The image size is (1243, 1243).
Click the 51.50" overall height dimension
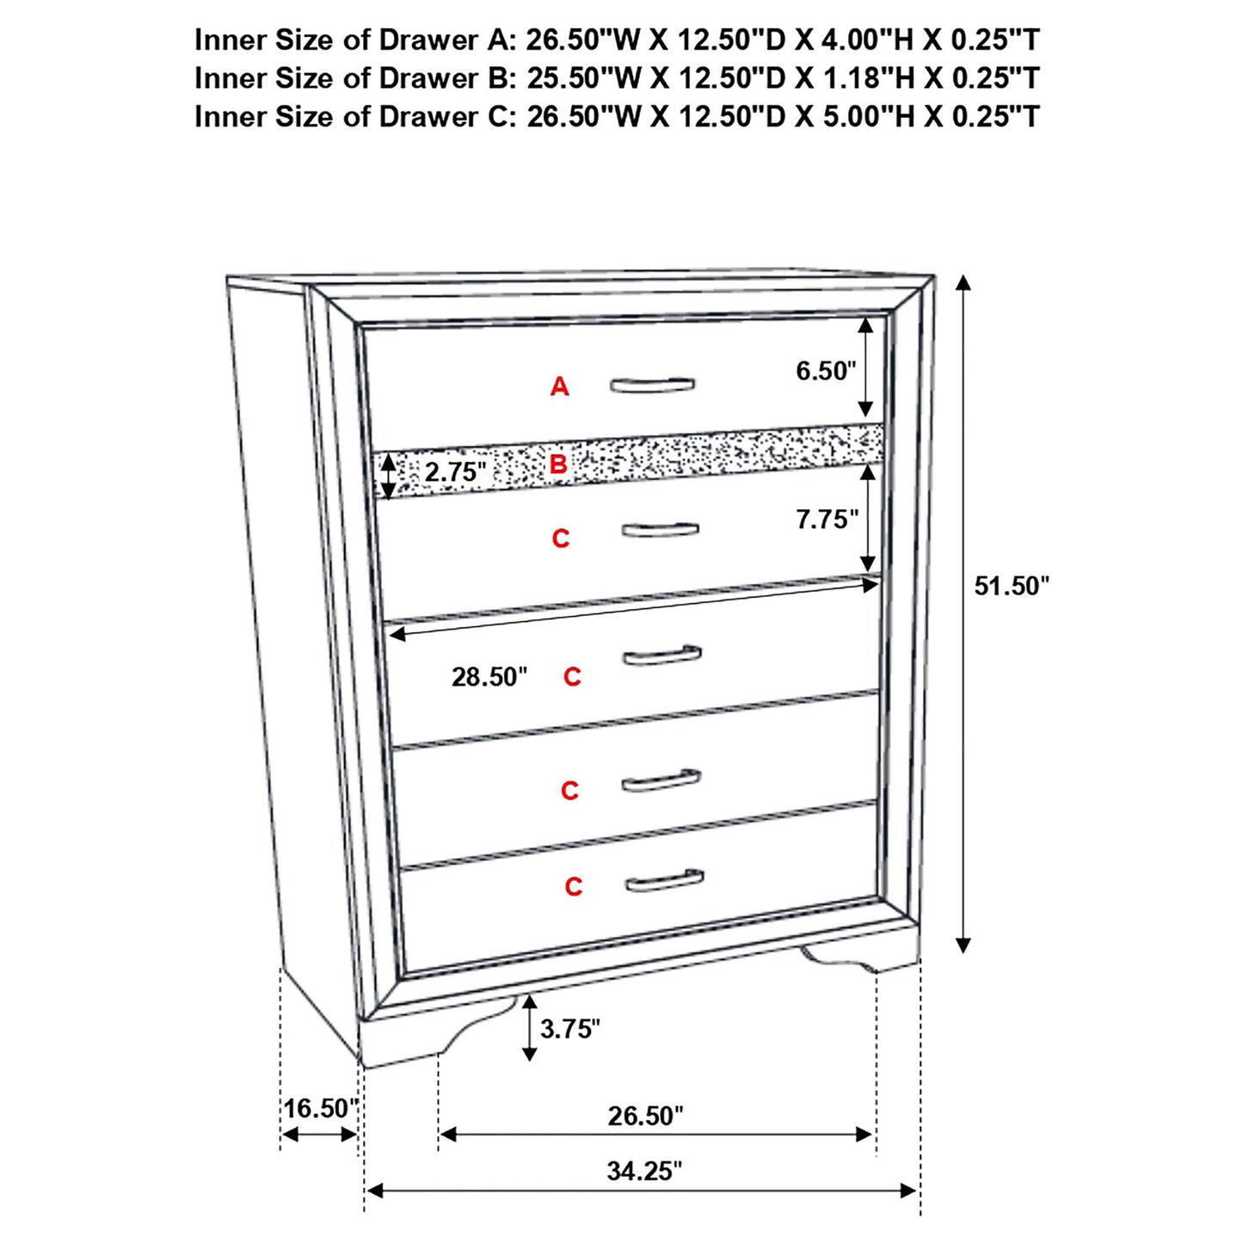tap(1012, 587)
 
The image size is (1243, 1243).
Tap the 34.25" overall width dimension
tap(643, 1172)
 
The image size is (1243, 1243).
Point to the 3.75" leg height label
tap(569, 1029)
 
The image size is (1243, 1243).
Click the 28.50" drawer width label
tap(489, 678)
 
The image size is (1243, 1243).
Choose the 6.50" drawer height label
tap(826, 372)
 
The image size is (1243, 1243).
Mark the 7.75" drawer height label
tap(827, 520)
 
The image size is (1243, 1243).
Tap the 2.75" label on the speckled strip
tap(455, 472)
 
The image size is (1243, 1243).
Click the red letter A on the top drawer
tap(559, 387)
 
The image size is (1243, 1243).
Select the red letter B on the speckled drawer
tap(558, 465)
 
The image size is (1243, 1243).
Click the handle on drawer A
tap(653, 385)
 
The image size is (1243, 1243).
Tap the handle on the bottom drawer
tap(664, 881)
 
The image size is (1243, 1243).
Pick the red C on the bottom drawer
tap(574, 887)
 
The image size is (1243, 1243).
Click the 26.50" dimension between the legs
tap(645, 1117)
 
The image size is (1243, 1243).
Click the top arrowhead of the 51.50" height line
tap(963, 284)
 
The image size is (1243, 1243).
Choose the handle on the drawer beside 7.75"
tap(660, 529)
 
